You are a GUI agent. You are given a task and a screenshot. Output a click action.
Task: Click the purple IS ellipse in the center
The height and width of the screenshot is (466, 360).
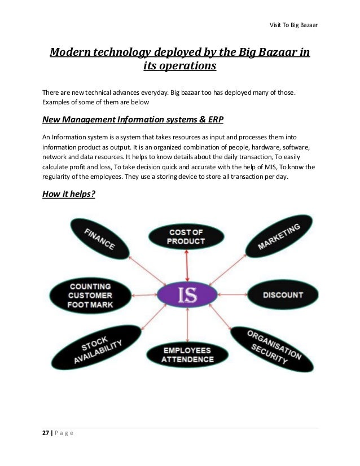[187, 294]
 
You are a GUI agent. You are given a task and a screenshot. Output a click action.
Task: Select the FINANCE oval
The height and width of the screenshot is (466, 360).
[99, 239]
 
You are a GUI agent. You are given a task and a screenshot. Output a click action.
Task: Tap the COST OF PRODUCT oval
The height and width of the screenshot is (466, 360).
[186, 237]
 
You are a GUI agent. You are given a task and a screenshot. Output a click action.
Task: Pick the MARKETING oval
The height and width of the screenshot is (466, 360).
[279, 238]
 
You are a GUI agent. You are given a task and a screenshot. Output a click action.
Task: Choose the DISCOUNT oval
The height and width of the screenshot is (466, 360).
[283, 295]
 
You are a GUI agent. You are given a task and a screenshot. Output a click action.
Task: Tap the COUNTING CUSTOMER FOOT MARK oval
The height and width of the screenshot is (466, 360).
[91, 295]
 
